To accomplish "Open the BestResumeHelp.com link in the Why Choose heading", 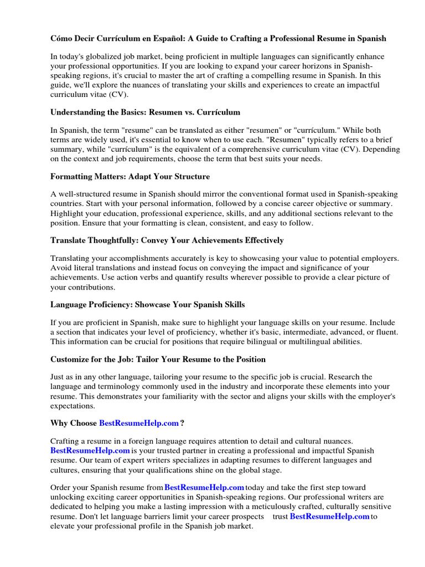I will click(139, 423).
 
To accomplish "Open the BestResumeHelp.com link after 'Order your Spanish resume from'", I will click(204, 487).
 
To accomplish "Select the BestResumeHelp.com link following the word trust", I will click(329, 516).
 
